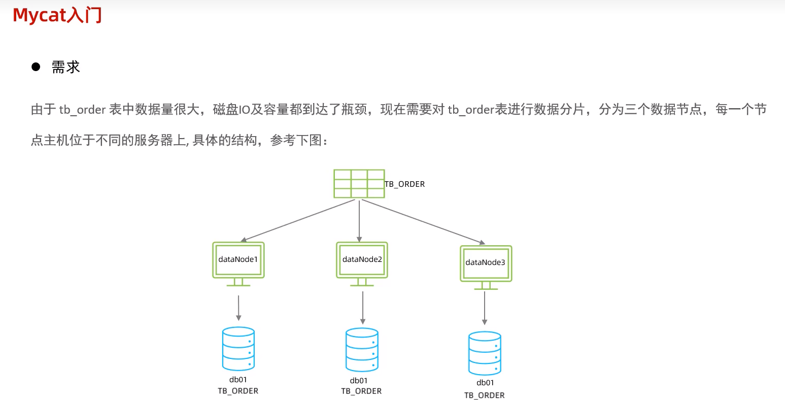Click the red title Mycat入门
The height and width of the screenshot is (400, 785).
57,15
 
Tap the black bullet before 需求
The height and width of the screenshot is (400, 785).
36,66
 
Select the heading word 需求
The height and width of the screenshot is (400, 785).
66,67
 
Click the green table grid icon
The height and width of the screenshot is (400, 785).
359,184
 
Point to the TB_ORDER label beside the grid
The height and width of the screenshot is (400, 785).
404,184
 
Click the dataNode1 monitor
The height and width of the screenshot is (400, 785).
238,260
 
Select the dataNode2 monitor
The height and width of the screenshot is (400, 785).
362,260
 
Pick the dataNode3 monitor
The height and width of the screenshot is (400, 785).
486,264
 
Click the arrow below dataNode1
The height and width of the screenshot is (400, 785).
238,307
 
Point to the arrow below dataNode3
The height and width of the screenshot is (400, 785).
485,308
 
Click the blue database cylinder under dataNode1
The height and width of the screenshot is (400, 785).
238,349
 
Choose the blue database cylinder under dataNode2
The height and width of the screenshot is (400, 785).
362,350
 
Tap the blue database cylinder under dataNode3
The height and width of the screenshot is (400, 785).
485,353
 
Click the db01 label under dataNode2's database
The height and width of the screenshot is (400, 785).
359,381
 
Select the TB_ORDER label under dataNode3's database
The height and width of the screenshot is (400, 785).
484,395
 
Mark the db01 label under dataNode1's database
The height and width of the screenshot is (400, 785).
238,380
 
